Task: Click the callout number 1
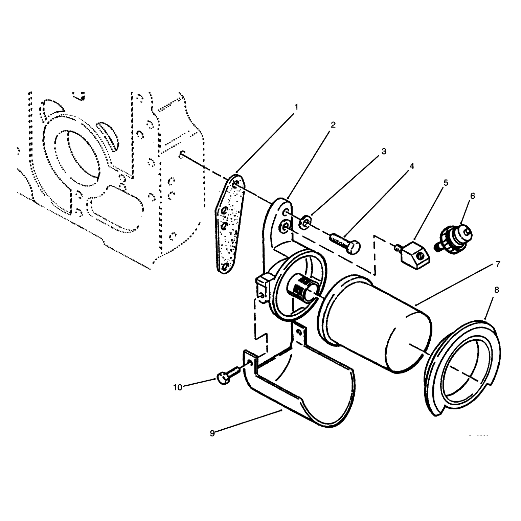click(296, 107)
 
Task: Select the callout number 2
click(333, 125)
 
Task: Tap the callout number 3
click(384, 151)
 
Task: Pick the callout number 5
click(446, 183)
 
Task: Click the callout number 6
click(473, 196)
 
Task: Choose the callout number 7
click(498, 264)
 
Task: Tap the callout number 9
click(212, 433)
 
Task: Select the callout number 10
click(178, 388)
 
